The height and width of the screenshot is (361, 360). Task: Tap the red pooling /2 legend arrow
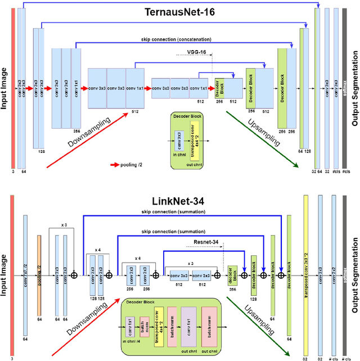116,165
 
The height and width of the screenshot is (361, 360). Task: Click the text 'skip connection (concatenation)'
177,40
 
